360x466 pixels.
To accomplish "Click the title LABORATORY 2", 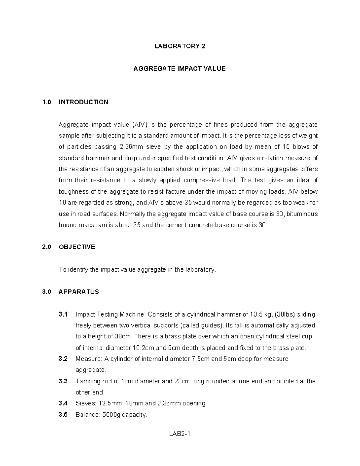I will [180, 46].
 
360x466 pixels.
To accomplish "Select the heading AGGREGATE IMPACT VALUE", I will [179, 69].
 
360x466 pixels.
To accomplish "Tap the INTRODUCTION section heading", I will [83, 102].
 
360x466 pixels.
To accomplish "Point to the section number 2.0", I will [47, 247].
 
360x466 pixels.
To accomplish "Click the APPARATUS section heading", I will [79, 292].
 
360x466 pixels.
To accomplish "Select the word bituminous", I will [304, 214].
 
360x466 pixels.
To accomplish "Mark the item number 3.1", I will [63, 314].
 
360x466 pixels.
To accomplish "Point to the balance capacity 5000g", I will [110, 415].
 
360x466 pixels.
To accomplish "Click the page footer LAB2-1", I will [180, 434].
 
